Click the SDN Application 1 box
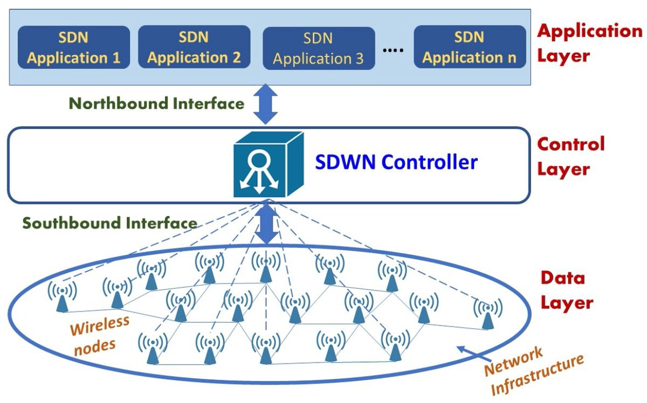point(74,47)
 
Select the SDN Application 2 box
point(194,47)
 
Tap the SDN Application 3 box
point(318,48)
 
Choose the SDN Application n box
point(470,47)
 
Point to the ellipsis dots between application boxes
point(393,50)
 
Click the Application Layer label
point(589,43)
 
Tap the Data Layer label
point(566,291)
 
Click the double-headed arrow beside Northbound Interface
point(265,106)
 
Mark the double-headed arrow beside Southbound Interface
point(265,224)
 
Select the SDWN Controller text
point(397,162)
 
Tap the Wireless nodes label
point(98,334)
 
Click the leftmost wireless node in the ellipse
point(63,297)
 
